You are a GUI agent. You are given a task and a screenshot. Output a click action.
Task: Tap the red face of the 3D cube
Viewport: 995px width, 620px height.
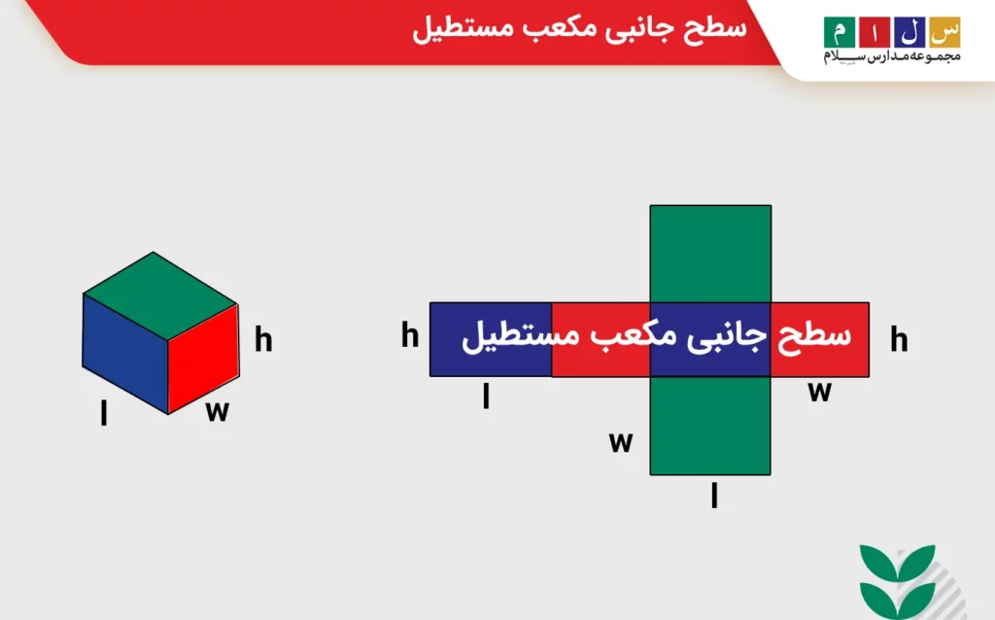tap(203, 359)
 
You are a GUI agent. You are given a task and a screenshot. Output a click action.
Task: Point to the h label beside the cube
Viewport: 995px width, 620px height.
tap(263, 340)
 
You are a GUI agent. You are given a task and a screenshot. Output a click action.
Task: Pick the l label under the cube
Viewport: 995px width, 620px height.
tap(104, 414)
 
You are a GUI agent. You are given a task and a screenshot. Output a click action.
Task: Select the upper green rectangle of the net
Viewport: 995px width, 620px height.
tap(710, 253)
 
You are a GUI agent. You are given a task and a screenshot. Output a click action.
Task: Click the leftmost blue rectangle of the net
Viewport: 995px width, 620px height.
tap(491, 339)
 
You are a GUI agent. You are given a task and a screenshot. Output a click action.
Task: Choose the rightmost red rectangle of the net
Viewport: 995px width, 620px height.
tap(819, 339)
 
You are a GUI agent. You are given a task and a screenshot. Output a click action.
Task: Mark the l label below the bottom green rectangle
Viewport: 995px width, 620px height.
tap(714, 497)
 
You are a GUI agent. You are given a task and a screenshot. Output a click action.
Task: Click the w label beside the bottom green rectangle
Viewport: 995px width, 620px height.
tap(621, 442)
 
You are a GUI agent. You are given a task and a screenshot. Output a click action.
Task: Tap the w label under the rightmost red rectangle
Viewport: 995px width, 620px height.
tap(820, 391)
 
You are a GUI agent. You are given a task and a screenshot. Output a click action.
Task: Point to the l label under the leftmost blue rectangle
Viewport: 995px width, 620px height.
tap(486, 397)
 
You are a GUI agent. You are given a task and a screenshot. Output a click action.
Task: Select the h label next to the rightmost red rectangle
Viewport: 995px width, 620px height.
tap(900, 340)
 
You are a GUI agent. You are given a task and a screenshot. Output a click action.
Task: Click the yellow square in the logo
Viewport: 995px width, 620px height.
tap(945, 31)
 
